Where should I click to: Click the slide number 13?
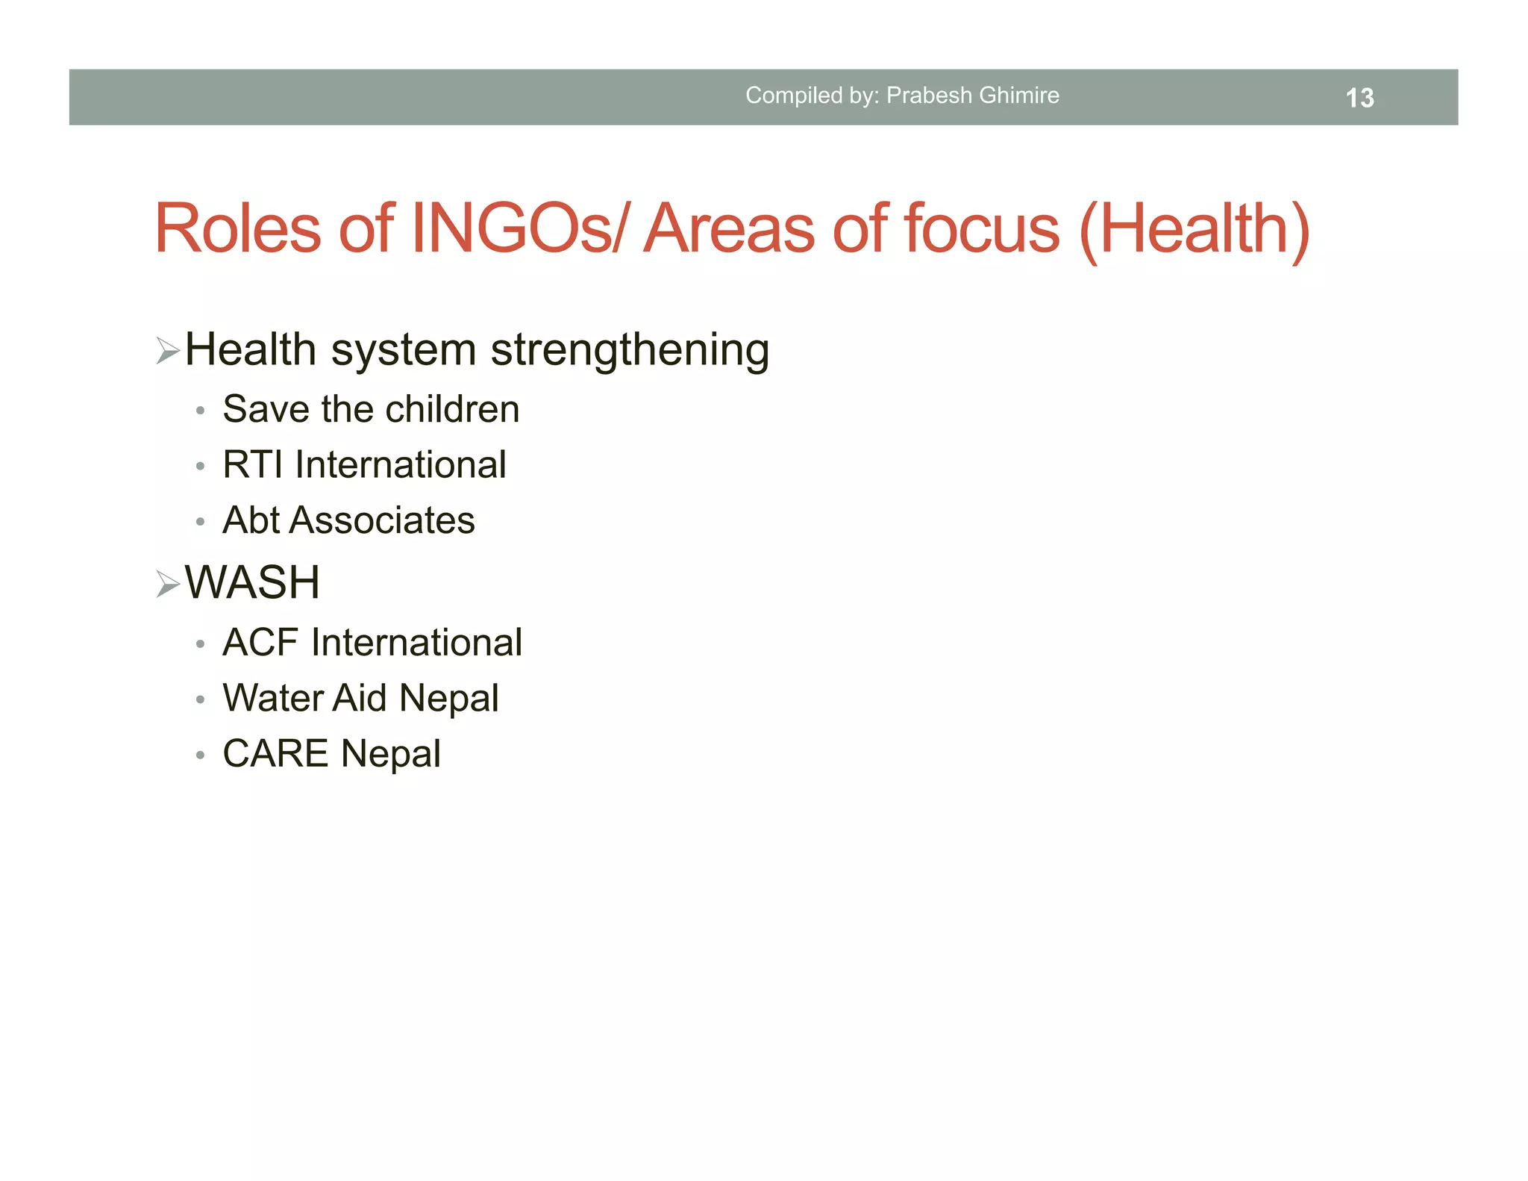[1359, 98]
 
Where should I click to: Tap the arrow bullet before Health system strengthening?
[168, 350]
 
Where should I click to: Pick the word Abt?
[251, 520]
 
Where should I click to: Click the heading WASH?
[252, 582]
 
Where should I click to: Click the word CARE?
[275, 753]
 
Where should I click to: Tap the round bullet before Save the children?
[200, 411]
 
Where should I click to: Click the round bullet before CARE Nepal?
[200, 755]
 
